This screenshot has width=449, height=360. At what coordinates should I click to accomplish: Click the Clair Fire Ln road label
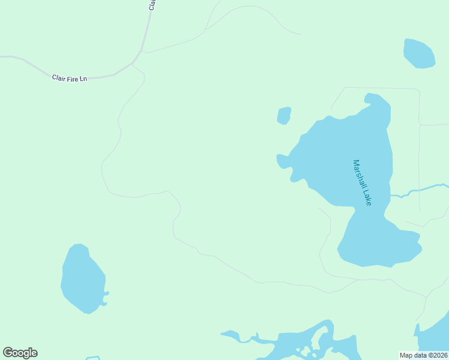coord(70,78)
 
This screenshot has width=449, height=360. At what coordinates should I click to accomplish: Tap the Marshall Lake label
coord(363,182)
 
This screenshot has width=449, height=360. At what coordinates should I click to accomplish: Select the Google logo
coord(20,353)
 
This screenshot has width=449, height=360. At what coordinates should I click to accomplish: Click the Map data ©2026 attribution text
coord(424,355)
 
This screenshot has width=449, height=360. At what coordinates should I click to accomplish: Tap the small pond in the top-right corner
coord(418,53)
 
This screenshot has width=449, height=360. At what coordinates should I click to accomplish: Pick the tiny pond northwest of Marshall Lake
coord(284,115)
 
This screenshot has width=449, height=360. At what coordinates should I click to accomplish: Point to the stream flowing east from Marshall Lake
coord(420,190)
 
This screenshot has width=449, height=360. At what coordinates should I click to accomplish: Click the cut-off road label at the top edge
coord(152,4)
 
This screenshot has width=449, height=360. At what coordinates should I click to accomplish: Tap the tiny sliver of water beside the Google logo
coord(92,358)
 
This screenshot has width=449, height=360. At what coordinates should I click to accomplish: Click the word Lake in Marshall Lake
coord(366,197)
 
